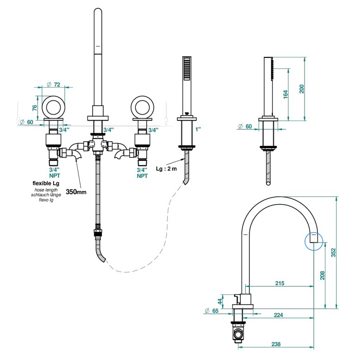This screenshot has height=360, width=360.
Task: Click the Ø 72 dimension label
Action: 53,84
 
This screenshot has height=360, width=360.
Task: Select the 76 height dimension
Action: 35,107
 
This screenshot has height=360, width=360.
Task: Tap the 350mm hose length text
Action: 76,192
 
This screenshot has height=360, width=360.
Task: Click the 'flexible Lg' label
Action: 46,183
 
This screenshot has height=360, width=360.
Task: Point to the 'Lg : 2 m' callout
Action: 166,169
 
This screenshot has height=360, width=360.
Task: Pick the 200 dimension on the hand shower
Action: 301,89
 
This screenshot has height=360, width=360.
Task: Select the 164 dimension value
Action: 285,94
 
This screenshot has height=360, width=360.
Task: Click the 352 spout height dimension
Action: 333,253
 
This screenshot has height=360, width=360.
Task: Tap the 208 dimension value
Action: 322,276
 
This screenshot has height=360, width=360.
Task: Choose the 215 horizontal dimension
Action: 280,283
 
